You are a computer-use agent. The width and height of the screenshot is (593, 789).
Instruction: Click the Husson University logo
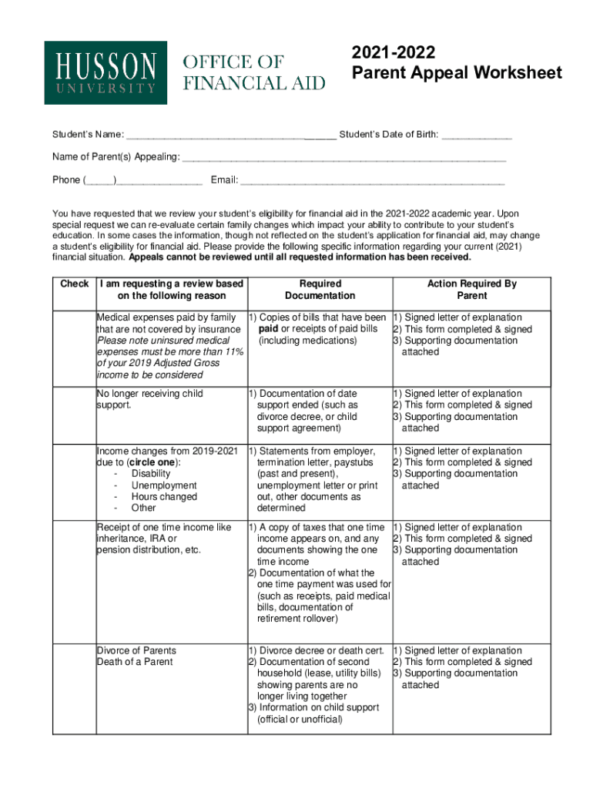[x=106, y=72]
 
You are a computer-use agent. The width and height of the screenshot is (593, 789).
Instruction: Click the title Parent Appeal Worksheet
[x=457, y=73]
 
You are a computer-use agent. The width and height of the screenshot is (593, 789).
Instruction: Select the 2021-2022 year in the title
[x=394, y=53]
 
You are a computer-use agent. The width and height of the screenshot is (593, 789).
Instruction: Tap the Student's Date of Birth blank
[x=476, y=136]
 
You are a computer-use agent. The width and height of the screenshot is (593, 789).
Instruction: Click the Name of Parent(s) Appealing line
[x=343, y=158]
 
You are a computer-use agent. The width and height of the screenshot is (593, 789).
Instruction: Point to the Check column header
[x=74, y=284]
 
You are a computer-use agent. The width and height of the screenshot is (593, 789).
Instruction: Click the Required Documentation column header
[x=320, y=290]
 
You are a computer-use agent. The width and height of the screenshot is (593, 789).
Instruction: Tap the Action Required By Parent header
[x=471, y=290]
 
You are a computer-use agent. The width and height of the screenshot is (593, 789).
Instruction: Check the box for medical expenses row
[x=74, y=346]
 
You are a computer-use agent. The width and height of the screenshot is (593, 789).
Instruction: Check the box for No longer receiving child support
[x=74, y=415]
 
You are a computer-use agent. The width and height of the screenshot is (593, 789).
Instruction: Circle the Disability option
[x=151, y=474]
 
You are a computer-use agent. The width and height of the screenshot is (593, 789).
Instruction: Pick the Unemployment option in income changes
[x=164, y=485]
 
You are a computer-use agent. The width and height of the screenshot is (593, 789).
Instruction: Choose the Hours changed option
[x=164, y=497]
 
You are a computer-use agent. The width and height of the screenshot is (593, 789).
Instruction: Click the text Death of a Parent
[x=135, y=662]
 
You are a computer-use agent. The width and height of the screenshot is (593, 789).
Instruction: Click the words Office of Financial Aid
[x=253, y=72]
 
